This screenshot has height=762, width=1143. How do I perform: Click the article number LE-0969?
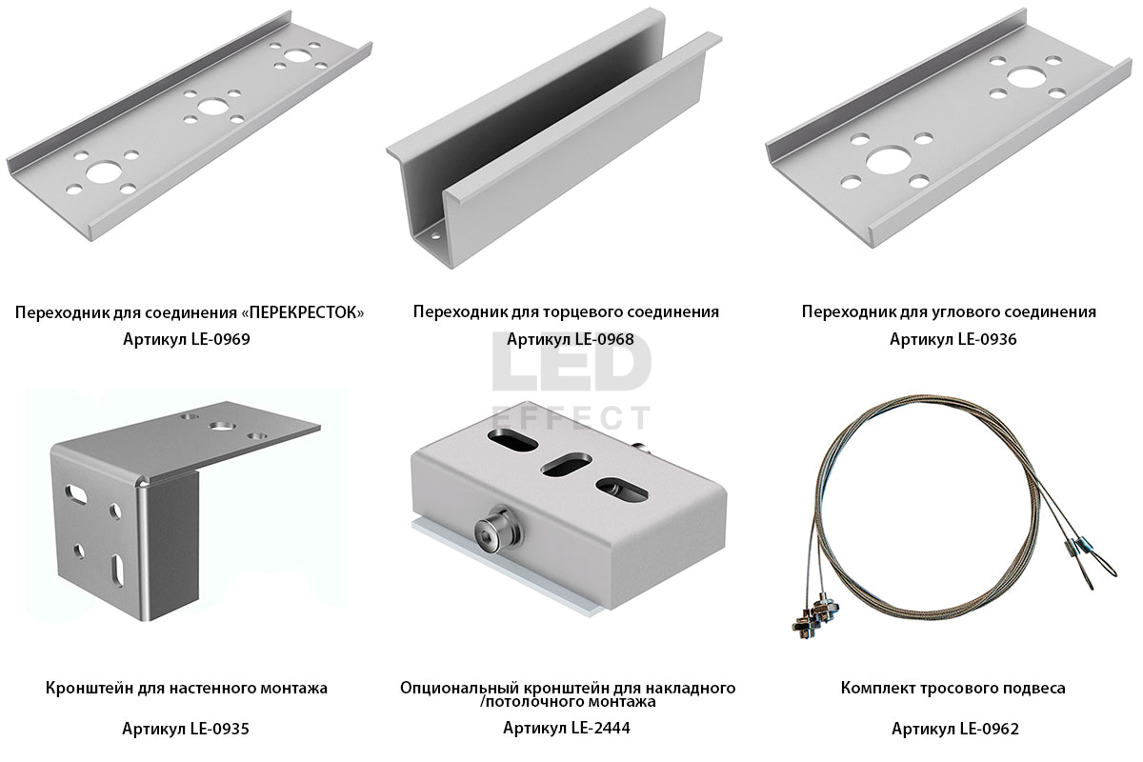(x=220, y=339)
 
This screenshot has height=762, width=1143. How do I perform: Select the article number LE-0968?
(x=604, y=339)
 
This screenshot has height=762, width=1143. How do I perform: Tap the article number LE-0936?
(x=987, y=339)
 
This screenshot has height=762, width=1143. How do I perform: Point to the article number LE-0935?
(x=219, y=729)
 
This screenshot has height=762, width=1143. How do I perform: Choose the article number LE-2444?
(x=601, y=728)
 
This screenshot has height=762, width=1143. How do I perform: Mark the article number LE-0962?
(x=989, y=729)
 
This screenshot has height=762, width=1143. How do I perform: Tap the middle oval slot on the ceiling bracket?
(x=566, y=465)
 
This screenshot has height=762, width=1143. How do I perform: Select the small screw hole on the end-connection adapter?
(x=436, y=236)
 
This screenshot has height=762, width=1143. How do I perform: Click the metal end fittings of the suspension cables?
(x=814, y=615)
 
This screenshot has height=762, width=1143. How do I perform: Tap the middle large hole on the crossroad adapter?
(x=212, y=108)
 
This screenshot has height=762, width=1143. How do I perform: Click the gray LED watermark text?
(x=571, y=362)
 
